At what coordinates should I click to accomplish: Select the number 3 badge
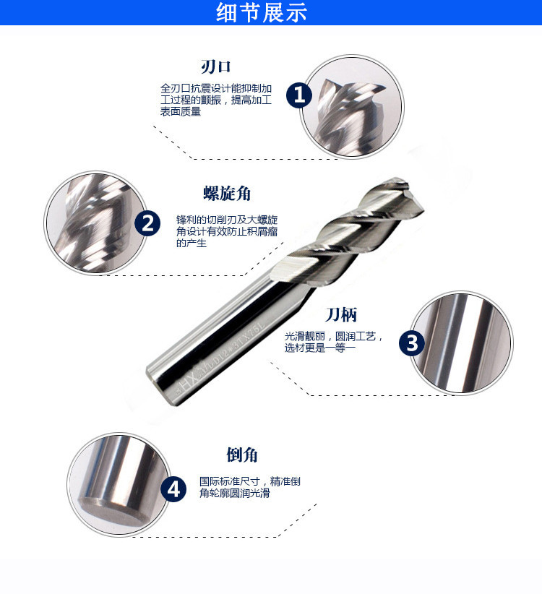coord(412,343)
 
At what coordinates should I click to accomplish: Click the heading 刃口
coord(215,67)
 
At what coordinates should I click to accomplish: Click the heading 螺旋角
coord(227,194)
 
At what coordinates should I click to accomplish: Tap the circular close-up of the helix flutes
coord(93,223)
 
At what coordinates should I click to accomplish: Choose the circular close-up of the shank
coord(459,343)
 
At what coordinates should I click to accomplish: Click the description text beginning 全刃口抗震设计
coord(215,100)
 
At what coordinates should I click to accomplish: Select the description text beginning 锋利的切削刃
coord(227,231)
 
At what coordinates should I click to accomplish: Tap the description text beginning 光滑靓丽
coord(333,343)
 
